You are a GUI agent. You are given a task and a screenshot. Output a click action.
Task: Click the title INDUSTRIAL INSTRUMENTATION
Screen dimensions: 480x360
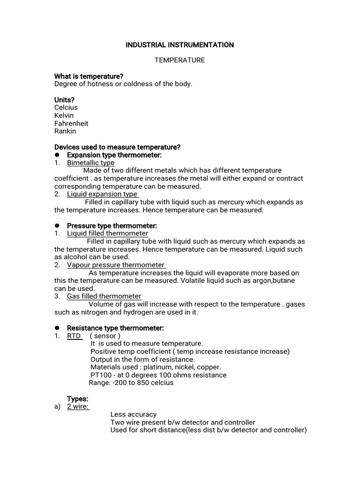[180, 45]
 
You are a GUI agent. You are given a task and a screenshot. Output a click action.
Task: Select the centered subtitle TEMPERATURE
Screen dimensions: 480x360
[180, 60]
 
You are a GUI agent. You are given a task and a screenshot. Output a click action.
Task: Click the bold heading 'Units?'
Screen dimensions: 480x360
[65, 100]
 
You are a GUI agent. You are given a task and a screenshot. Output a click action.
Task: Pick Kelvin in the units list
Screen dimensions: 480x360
[64, 115]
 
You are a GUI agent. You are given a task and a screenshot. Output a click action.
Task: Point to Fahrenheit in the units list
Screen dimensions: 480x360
[71, 123]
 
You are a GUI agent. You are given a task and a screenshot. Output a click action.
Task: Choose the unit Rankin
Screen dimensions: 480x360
[65, 131]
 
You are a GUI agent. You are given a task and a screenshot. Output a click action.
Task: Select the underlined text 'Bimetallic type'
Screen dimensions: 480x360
[90, 163]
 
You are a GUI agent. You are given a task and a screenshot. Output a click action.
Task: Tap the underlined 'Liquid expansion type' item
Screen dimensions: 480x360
[102, 194]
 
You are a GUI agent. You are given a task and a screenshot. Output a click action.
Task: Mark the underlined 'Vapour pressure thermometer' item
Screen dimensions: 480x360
[116, 265]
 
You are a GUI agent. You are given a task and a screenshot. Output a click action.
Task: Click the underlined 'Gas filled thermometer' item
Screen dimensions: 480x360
[104, 296]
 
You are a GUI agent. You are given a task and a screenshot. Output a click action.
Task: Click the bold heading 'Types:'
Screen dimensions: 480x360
[77, 398]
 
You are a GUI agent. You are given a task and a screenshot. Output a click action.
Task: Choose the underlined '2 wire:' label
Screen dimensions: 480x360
[78, 406]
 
